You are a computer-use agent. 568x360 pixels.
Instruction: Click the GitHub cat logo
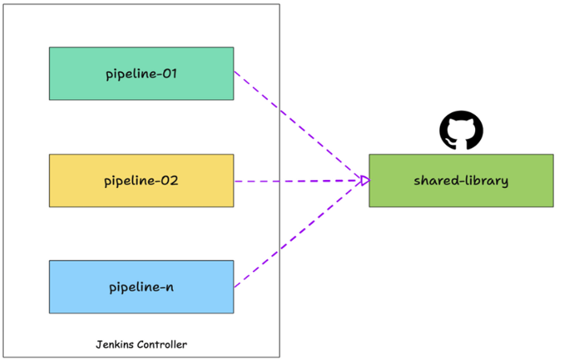click(x=462, y=130)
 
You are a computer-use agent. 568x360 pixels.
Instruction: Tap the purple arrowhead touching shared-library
click(x=365, y=181)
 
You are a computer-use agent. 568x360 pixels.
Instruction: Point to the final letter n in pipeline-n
click(x=169, y=287)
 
